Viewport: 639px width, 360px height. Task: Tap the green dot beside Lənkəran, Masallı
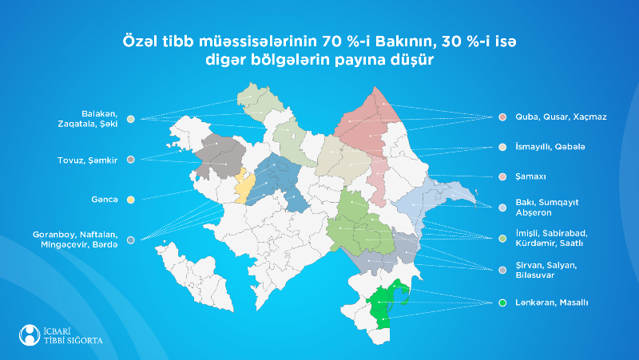(x=502, y=303)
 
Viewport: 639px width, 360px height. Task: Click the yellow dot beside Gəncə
(x=130, y=199)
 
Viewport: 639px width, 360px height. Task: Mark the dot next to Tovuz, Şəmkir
(x=130, y=160)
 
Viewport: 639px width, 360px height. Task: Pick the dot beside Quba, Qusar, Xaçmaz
(x=502, y=117)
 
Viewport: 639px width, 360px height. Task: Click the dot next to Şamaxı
(x=502, y=176)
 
